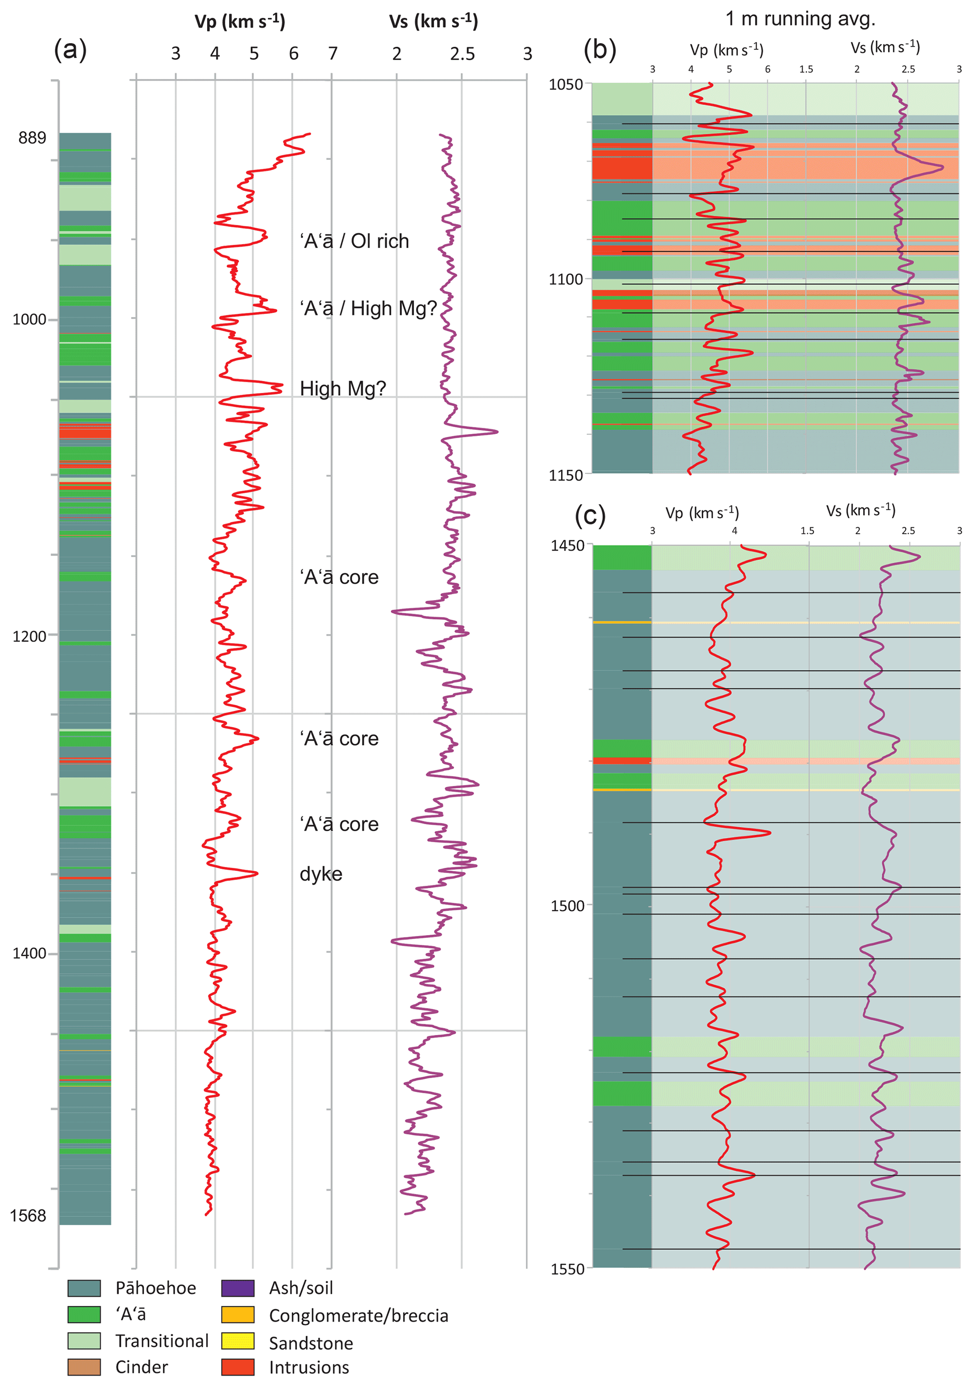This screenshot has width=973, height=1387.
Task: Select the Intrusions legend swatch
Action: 238,1367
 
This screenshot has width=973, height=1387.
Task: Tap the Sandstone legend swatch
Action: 238,1341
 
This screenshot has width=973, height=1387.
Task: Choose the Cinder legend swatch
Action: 84,1367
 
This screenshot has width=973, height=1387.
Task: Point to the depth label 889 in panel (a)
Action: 32,138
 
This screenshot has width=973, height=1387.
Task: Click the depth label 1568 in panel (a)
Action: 28,1215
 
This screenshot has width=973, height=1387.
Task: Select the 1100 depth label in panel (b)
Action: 566,280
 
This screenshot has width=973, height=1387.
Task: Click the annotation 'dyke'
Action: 321,874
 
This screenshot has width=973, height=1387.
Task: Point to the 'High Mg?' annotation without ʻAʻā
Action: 343,388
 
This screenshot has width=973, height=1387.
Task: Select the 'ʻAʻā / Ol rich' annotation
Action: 354,241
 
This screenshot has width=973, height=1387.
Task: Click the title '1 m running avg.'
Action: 800,19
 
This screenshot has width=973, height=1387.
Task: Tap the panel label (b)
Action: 600,49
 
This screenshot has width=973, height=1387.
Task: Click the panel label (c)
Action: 590,515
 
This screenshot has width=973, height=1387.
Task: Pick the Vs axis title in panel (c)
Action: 860,511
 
